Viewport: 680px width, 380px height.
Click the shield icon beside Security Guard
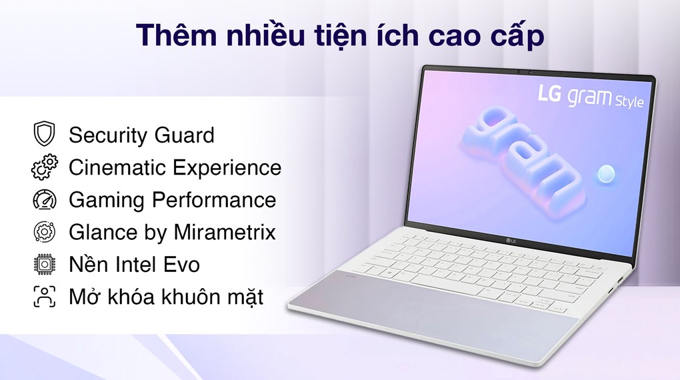[x=44, y=135]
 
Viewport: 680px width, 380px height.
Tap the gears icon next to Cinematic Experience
[x=44, y=167]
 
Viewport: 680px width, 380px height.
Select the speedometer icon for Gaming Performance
[x=44, y=200]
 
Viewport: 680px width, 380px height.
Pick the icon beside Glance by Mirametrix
[x=44, y=232]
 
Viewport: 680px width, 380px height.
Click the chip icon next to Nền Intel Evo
[x=44, y=264]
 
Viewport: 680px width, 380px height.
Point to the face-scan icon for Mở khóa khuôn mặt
[x=44, y=297]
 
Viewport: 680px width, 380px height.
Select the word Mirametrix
[x=225, y=232]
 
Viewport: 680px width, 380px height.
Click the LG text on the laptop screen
[x=551, y=93]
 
